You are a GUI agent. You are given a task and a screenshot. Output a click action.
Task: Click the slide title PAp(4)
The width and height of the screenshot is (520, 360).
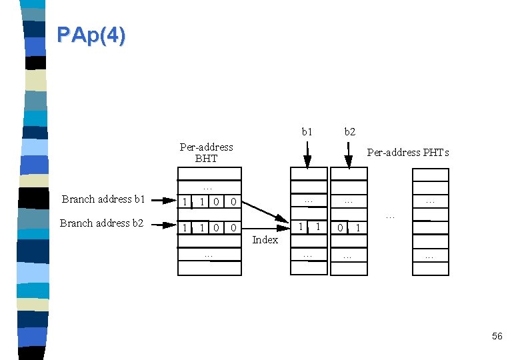(x=91, y=35)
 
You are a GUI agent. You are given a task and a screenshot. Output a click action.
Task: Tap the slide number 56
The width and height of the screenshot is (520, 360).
(x=497, y=337)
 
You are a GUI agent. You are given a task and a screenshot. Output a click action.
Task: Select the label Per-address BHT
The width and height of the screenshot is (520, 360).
(x=207, y=153)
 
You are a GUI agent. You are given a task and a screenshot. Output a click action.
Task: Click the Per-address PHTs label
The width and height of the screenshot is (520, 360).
(x=408, y=153)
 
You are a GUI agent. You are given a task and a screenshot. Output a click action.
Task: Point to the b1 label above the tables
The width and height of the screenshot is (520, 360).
(x=307, y=132)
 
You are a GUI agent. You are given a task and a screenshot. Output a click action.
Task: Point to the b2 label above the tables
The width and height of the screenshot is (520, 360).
(x=349, y=132)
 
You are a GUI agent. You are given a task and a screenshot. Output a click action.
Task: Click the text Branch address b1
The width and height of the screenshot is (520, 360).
(x=103, y=199)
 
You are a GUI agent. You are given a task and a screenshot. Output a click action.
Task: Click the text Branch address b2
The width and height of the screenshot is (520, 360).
(x=102, y=223)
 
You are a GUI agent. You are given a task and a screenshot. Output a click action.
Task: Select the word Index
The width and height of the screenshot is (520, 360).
(x=265, y=240)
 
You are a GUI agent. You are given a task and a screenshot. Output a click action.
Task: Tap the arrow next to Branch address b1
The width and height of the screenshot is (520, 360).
(x=163, y=199)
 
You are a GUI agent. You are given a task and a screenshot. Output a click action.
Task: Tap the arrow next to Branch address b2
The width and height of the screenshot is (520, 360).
(x=163, y=225)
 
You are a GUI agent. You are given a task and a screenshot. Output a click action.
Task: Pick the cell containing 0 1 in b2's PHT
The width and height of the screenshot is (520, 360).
(x=349, y=228)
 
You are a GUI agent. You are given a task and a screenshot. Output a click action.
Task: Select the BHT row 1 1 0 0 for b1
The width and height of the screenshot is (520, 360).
(x=209, y=201)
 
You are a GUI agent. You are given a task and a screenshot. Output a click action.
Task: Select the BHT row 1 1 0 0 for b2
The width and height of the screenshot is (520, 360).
(x=209, y=228)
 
